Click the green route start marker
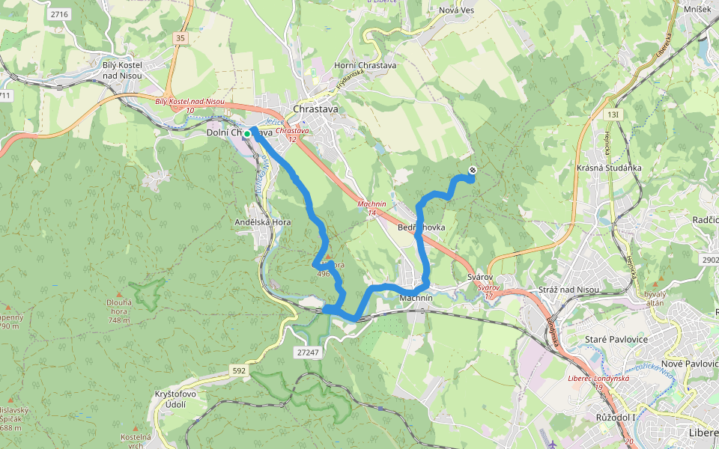247,133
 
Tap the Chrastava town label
315,109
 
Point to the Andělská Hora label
263,222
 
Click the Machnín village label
416,298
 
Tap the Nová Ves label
457,10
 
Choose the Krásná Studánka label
610,168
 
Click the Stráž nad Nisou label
569,290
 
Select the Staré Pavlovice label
615,340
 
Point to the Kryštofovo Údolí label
175,400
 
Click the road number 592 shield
238,370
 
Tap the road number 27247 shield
307,352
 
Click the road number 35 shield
179,37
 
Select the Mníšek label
697,8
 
